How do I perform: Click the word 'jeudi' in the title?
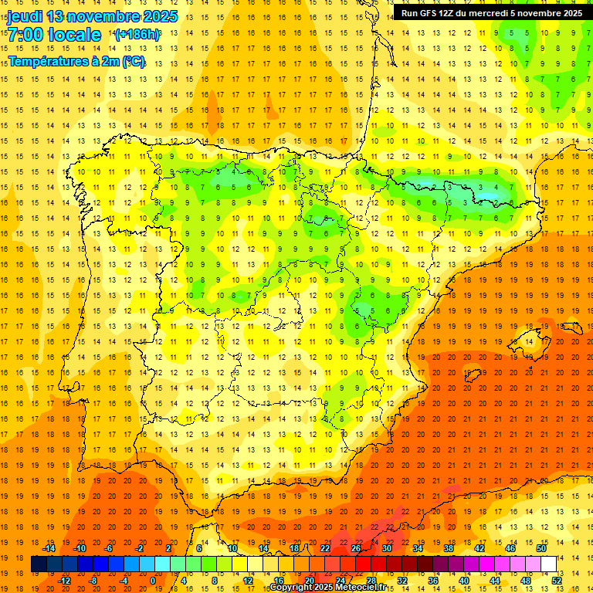click(x=25, y=16)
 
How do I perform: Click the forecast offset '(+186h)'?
click(x=137, y=35)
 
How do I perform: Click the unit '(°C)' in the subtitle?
click(x=132, y=60)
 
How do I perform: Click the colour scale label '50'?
click(x=541, y=548)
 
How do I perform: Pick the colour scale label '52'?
click(x=557, y=581)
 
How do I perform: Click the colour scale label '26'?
click(x=356, y=548)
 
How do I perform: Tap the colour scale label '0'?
click(x=153, y=581)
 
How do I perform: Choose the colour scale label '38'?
click(x=449, y=548)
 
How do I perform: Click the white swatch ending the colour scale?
click(x=549, y=564)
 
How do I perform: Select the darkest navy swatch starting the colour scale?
click(x=39, y=564)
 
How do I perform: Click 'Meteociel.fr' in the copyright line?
click(x=367, y=588)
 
